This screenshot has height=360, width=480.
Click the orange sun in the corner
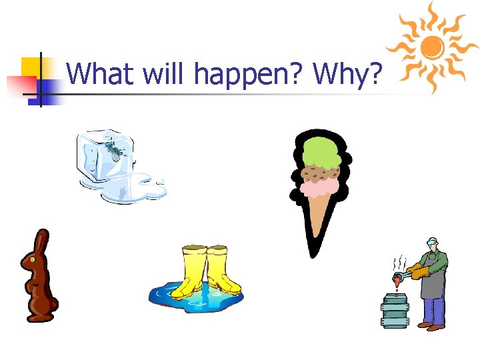(433, 46)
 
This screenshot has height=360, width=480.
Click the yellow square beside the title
(30, 67)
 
